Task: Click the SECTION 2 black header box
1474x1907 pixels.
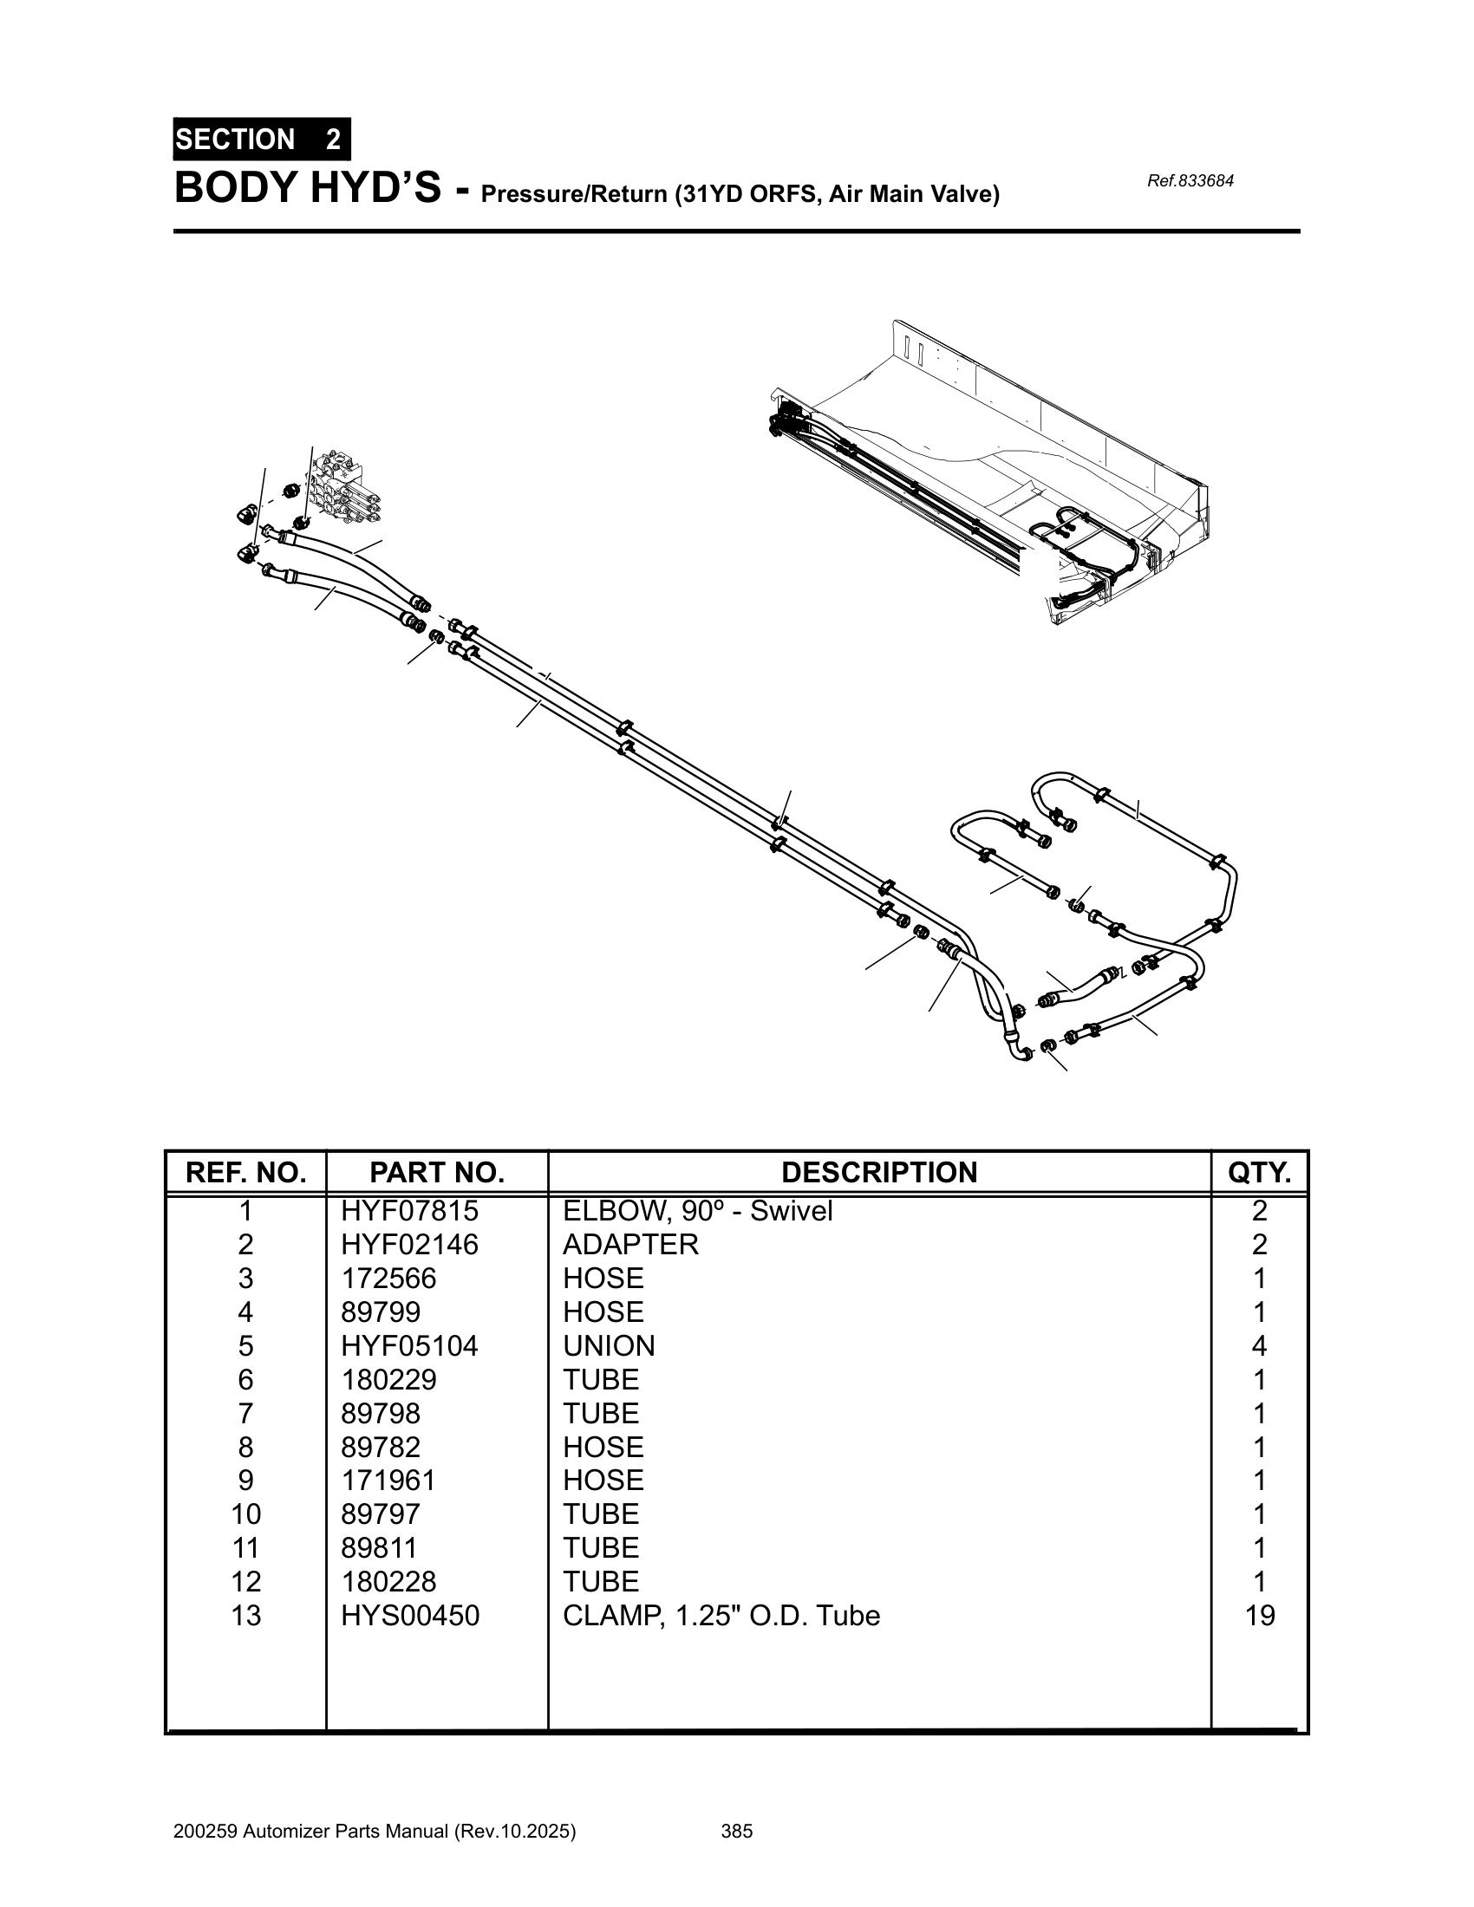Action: (x=261, y=140)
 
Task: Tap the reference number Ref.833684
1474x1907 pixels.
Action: (x=1190, y=182)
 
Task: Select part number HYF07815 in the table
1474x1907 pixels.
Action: (x=409, y=1211)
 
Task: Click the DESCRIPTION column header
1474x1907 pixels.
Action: (x=878, y=1172)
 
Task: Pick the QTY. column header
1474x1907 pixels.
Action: (x=1258, y=1172)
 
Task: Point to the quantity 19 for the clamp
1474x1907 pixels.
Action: (x=1259, y=1617)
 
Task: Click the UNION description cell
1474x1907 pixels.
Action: (x=609, y=1345)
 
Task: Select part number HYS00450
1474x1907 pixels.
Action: (x=409, y=1617)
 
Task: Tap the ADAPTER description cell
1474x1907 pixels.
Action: (x=630, y=1244)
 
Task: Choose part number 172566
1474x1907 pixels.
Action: (x=388, y=1279)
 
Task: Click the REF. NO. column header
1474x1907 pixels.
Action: (x=245, y=1172)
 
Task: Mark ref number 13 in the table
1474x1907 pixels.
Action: (x=245, y=1617)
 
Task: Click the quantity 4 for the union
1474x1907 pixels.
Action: (x=1259, y=1345)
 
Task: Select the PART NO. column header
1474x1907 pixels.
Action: (x=437, y=1172)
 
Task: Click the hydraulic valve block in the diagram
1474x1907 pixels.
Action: (x=345, y=487)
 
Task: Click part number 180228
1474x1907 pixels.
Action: (x=388, y=1582)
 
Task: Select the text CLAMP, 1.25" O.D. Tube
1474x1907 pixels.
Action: (x=721, y=1617)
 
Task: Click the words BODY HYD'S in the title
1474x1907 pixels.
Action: (x=308, y=189)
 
